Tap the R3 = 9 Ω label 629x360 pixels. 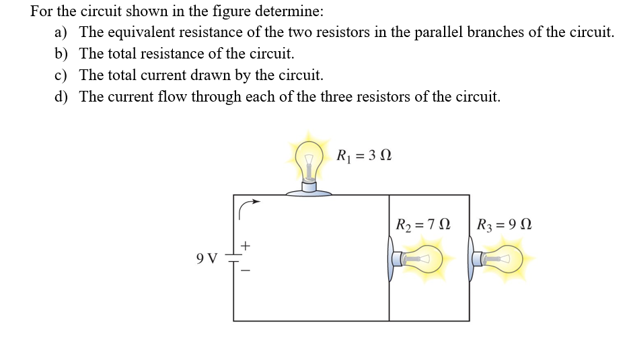pyautogui.click(x=504, y=224)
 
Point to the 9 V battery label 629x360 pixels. pyautogui.click(x=207, y=258)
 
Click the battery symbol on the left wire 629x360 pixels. pyautogui.click(x=233, y=258)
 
